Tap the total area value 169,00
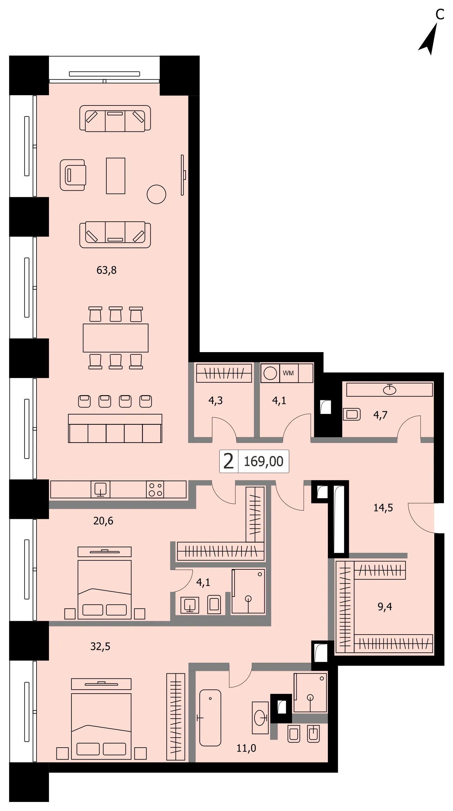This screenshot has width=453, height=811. pyautogui.click(x=264, y=461)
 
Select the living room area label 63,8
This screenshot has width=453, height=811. pyautogui.click(x=106, y=270)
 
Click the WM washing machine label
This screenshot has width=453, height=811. pyautogui.click(x=288, y=373)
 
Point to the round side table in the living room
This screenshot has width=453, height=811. pyautogui.click(x=156, y=194)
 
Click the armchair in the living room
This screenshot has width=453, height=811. pyautogui.click(x=73, y=175)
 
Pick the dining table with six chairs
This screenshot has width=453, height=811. pyautogui.click(x=115, y=338)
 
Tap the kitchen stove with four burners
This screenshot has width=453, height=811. pyautogui.click(x=155, y=489)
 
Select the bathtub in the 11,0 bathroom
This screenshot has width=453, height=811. pyautogui.click(x=210, y=718)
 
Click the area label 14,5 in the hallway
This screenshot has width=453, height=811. pyautogui.click(x=383, y=508)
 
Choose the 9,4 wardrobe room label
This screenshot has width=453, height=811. pyautogui.click(x=385, y=606)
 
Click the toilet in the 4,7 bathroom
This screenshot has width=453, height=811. pyautogui.click(x=352, y=414)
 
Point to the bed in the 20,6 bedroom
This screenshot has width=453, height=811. pyautogui.click(x=105, y=583)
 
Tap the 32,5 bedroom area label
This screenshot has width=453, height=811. pyautogui.click(x=100, y=646)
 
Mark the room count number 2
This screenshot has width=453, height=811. pyautogui.click(x=228, y=461)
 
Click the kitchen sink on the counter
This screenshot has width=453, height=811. pyautogui.click(x=100, y=489)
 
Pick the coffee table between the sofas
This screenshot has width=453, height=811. pyautogui.click(x=115, y=176)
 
